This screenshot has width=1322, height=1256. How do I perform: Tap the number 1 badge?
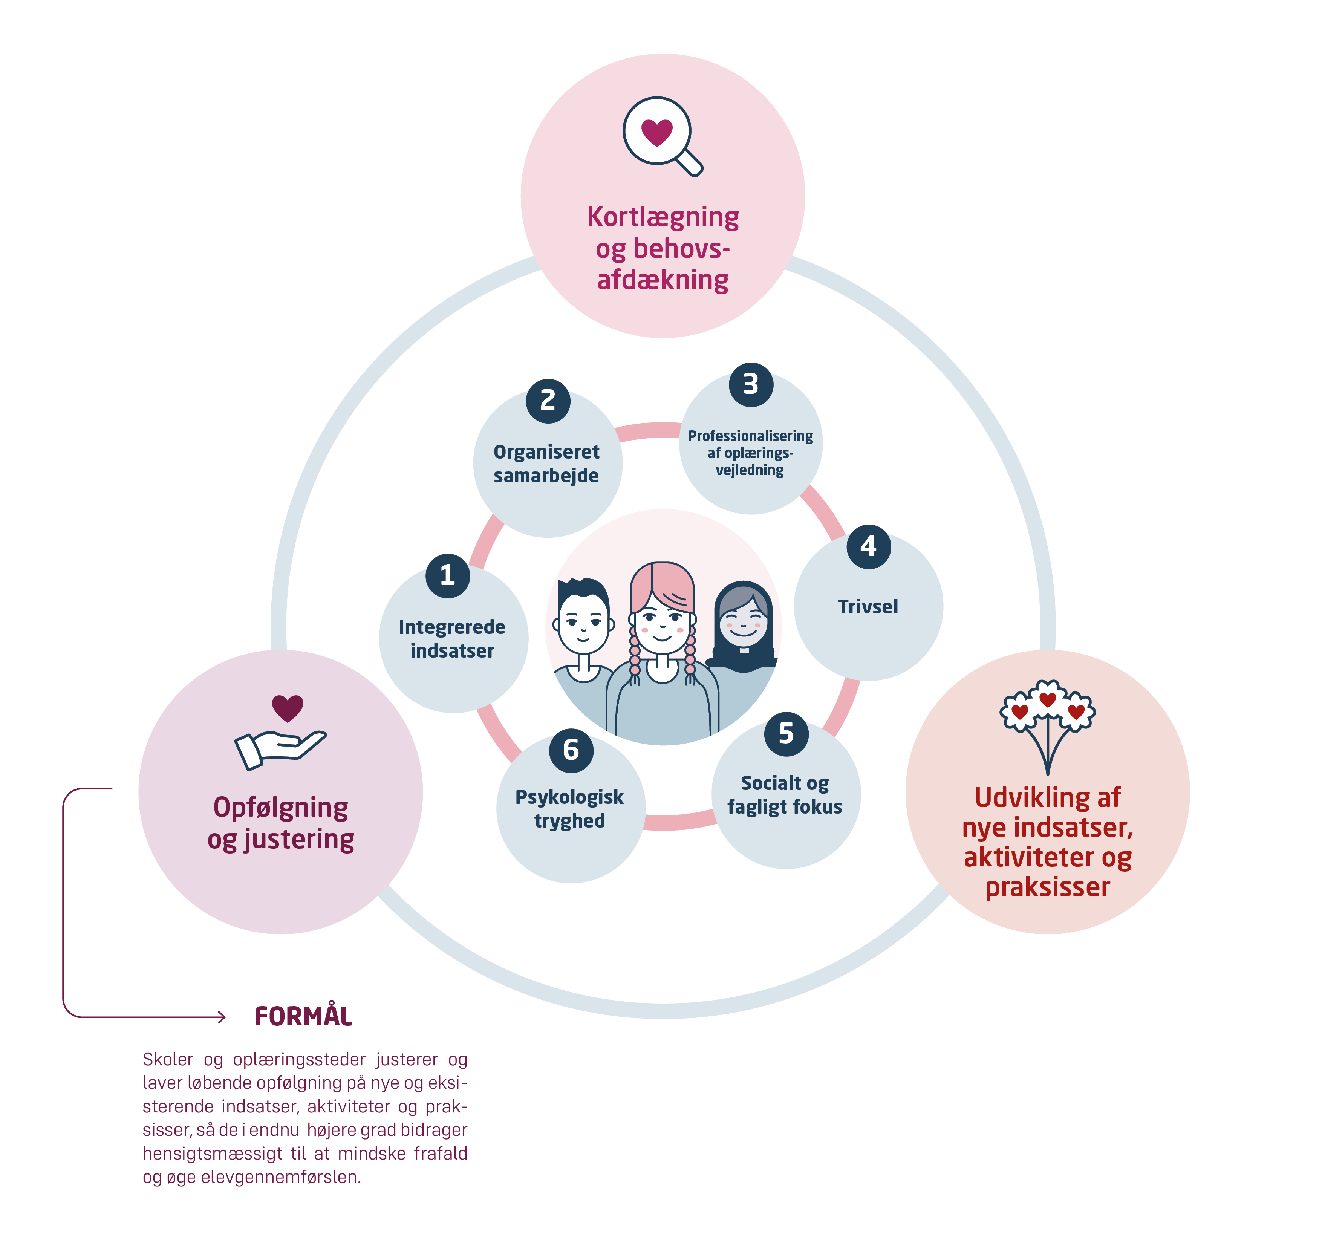pyautogui.click(x=447, y=576)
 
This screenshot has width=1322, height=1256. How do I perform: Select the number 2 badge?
pyautogui.click(x=548, y=401)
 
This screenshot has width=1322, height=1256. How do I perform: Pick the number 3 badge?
pyautogui.click(x=750, y=385)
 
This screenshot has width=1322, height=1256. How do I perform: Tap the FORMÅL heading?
pyautogui.click(x=303, y=1016)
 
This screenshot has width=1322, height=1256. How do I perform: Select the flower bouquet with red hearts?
pyautogui.click(x=1048, y=723)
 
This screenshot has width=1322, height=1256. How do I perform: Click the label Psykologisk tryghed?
pyautogui.click(x=570, y=809)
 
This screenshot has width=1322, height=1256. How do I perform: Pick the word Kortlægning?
pyautogui.click(x=663, y=217)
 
